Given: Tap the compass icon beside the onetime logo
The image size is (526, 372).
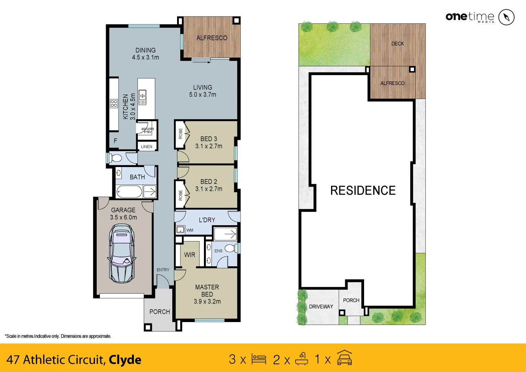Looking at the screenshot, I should pos(506,17).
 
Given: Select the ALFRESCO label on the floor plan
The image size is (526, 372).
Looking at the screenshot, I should pos(212,38).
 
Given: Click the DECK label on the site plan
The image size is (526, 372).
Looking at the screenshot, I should pos(398,44).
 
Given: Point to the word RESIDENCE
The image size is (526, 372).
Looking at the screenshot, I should pos(363,190).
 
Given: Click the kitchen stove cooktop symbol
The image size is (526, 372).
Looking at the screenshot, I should pos(114,103).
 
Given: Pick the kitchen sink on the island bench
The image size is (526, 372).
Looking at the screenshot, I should pos(142,97).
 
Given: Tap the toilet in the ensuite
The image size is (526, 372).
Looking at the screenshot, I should pos(230,248).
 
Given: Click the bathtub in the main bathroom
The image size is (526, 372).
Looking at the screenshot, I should pos(129,192).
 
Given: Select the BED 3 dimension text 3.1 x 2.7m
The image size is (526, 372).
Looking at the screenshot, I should pos(209,146).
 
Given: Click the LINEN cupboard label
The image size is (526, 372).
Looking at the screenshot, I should pos(146,147).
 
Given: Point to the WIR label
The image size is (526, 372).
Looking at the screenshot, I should pos(189,255).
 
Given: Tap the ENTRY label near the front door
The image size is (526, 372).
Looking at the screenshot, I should pos(163,270).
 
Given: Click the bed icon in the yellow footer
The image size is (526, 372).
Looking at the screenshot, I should pos(259,359).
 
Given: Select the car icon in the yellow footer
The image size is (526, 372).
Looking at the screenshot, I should pos(344,358).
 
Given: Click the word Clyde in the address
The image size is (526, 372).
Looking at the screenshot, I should pos(125,360).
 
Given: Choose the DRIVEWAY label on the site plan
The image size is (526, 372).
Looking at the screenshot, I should pos(321,307).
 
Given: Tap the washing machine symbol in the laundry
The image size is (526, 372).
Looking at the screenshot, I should pos(181,229).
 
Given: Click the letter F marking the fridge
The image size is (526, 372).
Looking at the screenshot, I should pos(115,141).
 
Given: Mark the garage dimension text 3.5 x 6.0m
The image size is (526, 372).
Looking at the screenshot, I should pos(123,217).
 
